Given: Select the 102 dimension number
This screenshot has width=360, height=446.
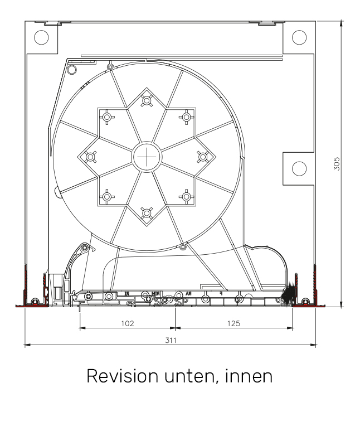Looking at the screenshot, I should tap(128, 323).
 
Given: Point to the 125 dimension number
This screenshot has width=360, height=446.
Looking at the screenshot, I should tap(234, 323).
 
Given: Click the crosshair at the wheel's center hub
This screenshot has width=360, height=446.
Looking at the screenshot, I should tap(147, 157).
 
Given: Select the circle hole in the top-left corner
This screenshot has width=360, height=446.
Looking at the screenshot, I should tap(42, 37).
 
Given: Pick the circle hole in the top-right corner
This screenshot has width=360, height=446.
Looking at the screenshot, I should tap(299, 37).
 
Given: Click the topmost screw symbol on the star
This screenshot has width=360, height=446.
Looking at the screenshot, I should tap(147, 101).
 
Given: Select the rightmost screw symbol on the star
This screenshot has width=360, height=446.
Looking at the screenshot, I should tap(203, 157).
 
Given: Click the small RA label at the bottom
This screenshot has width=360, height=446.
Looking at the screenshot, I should tap(188, 293).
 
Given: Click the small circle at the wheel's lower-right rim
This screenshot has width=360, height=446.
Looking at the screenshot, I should tap(183, 247).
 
